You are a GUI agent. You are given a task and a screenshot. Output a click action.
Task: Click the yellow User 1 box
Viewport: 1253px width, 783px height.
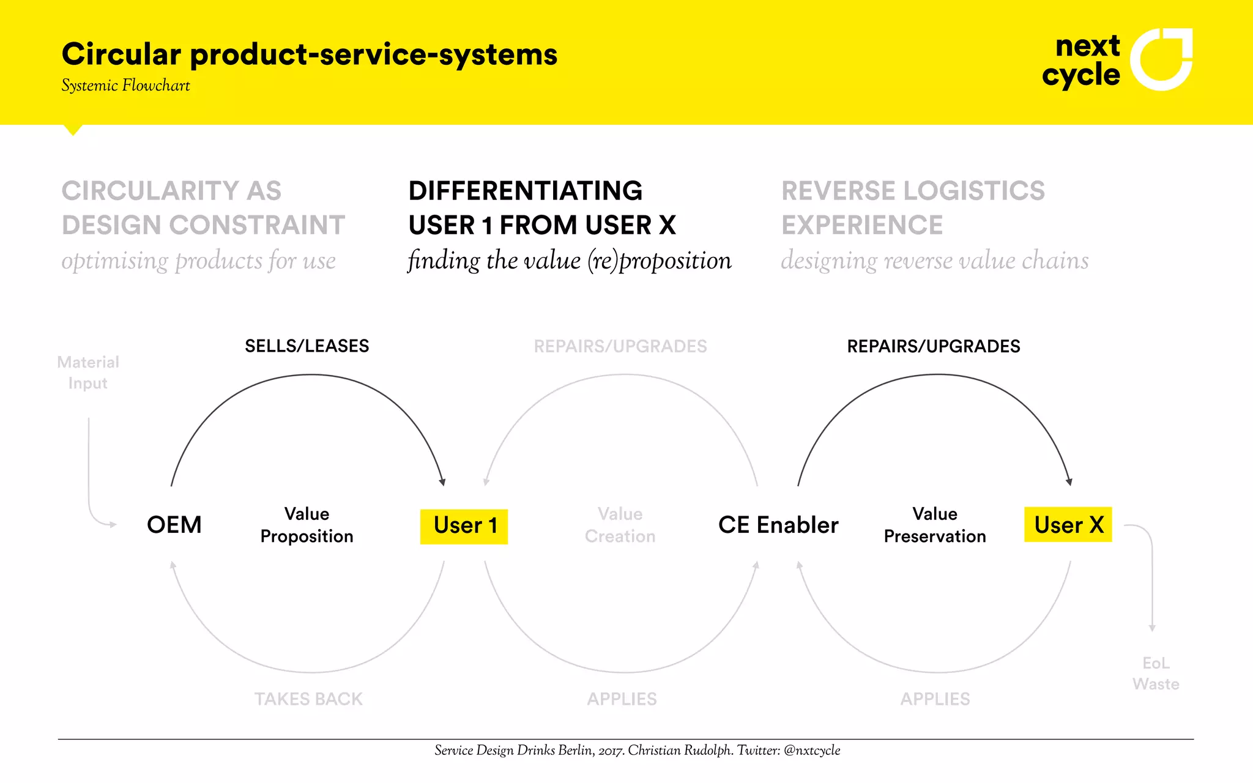pyautogui.click(x=464, y=526)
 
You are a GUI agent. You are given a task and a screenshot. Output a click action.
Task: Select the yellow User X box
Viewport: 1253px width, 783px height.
pyautogui.click(x=1068, y=525)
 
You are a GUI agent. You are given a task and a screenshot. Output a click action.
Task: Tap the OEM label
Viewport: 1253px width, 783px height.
pyautogui.click(x=174, y=525)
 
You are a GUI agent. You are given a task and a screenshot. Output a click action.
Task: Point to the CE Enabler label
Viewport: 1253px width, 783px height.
pyautogui.click(x=778, y=525)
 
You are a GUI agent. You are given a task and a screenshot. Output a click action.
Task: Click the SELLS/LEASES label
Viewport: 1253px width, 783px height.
pyautogui.click(x=307, y=346)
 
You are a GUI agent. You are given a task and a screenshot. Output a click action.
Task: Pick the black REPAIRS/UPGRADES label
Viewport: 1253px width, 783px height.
pyautogui.click(x=933, y=346)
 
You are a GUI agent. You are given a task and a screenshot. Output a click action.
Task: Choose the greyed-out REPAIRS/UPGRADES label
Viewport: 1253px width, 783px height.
pyautogui.click(x=620, y=346)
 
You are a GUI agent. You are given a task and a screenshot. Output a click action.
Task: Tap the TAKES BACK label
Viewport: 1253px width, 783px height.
pyautogui.click(x=308, y=699)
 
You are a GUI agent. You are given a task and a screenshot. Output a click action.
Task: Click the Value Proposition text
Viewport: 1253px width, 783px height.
pyautogui.click(x=307, y=525)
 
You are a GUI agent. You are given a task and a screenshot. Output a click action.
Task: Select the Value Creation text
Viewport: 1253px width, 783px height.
pyautogui.click(x=620, y=525)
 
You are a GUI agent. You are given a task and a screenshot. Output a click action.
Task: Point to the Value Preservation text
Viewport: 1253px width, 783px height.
pyautogui.click(x=934, y=525)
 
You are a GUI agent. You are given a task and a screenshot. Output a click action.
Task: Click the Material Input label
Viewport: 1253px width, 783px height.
pyautogui.click(x=88, y=373)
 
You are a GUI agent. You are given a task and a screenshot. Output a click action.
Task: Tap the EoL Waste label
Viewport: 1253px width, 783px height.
pyautogui.click(x=1156, y=673)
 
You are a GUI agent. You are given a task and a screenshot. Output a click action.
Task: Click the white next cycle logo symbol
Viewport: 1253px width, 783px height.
pyautogui.click(x=1161, y=59)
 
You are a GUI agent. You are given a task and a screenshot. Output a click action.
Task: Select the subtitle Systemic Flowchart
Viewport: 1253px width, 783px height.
pyautogui.click(x=125, y=86)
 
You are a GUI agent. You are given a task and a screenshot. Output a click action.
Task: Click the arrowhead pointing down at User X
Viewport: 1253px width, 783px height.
pyautogui.click(x=1069, y=481)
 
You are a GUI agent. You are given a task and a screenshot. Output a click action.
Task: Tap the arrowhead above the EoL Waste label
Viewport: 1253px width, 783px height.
pyautogui.click(x=1152, y=628)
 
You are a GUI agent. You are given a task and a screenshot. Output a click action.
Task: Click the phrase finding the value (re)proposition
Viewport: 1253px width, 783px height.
pyautogui.click(x=569, y=261)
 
